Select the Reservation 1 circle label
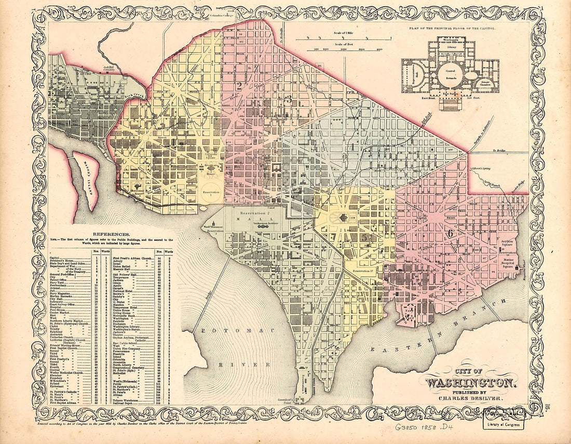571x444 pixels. [211, 192]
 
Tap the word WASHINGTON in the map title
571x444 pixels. [470, 384]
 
